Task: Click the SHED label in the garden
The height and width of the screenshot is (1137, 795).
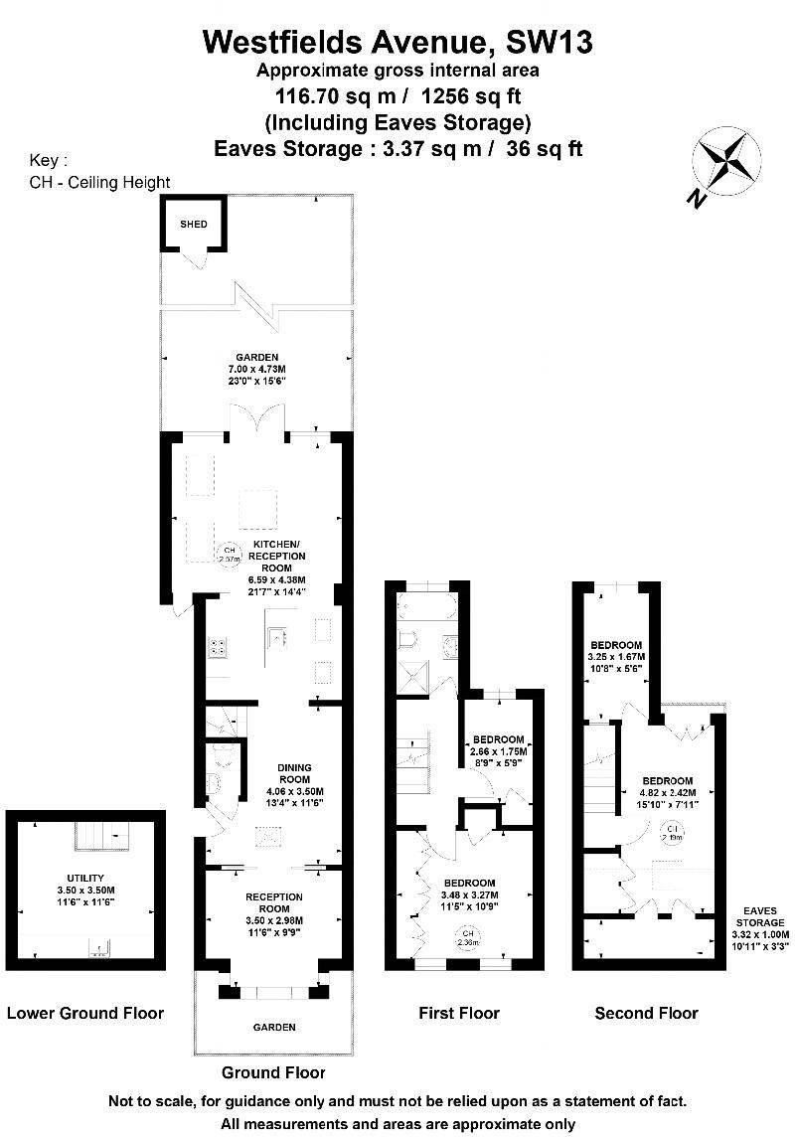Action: point(194,224)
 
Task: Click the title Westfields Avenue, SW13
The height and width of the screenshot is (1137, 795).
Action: point(397,42)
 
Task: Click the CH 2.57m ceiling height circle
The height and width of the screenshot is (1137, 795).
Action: point(229,555)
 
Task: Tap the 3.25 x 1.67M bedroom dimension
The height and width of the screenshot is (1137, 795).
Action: point(616,656)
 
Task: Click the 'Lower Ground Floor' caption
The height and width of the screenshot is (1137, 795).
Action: point(84,1013)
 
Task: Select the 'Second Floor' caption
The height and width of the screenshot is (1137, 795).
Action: point(646,1013)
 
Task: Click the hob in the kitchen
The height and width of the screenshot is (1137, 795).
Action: point(218,647)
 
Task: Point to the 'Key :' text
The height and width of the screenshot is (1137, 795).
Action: point(50,160)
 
